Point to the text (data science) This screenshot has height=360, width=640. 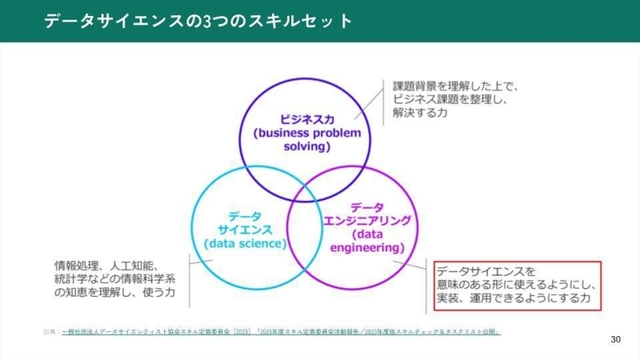point(245,243)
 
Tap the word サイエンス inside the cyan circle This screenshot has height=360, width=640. point(244,229)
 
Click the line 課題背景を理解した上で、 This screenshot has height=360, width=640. point(456,85)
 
